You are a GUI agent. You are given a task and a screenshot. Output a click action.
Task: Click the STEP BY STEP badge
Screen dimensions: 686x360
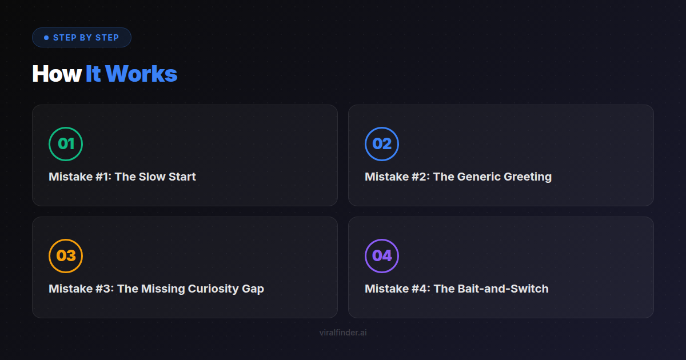[x=82, y=37]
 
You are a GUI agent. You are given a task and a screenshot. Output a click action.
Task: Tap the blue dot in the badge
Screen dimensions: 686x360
[x=46, y=38]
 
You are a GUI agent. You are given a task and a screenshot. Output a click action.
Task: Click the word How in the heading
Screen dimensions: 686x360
[x=57, y=74]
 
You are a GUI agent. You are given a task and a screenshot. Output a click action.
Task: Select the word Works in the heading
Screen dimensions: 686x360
[x=141, y=74]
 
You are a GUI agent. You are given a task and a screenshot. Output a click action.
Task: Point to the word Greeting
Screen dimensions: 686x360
[x=528, y=177]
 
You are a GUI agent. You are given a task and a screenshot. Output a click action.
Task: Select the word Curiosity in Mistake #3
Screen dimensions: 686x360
[x=213, y=289]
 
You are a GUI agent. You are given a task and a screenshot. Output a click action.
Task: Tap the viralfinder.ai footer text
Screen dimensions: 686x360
[x=343, y=333]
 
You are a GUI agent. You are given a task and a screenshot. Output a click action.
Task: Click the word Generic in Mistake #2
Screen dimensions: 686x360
[x=479, y=177]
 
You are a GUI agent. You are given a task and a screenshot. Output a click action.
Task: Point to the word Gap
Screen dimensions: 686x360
[x=253, y=289]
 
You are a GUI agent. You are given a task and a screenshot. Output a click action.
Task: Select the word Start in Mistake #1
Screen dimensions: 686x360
[x=182, y=177]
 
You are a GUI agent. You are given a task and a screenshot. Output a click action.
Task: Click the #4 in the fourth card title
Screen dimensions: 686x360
[x=421, y=289]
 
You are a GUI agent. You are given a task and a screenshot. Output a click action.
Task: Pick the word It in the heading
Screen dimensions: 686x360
[x=93, y=74]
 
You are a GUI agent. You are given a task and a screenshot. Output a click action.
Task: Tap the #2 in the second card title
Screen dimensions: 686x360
[x=421, y=177]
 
